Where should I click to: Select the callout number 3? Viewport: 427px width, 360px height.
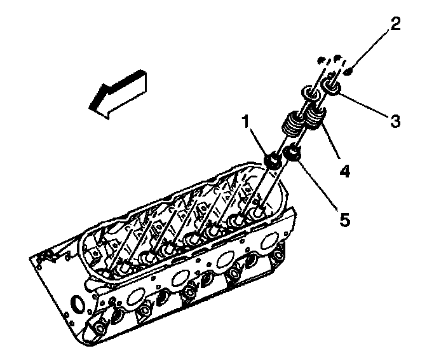pyautogui.click(x=396, y=121)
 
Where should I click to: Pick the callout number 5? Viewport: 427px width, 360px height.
pyautogui.click(x=343, y=219)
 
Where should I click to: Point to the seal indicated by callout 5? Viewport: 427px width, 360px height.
pyautogui.click(x=292, y=152)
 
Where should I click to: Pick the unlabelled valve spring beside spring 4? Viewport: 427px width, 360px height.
pyautogui.click(x=293, y=121)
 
